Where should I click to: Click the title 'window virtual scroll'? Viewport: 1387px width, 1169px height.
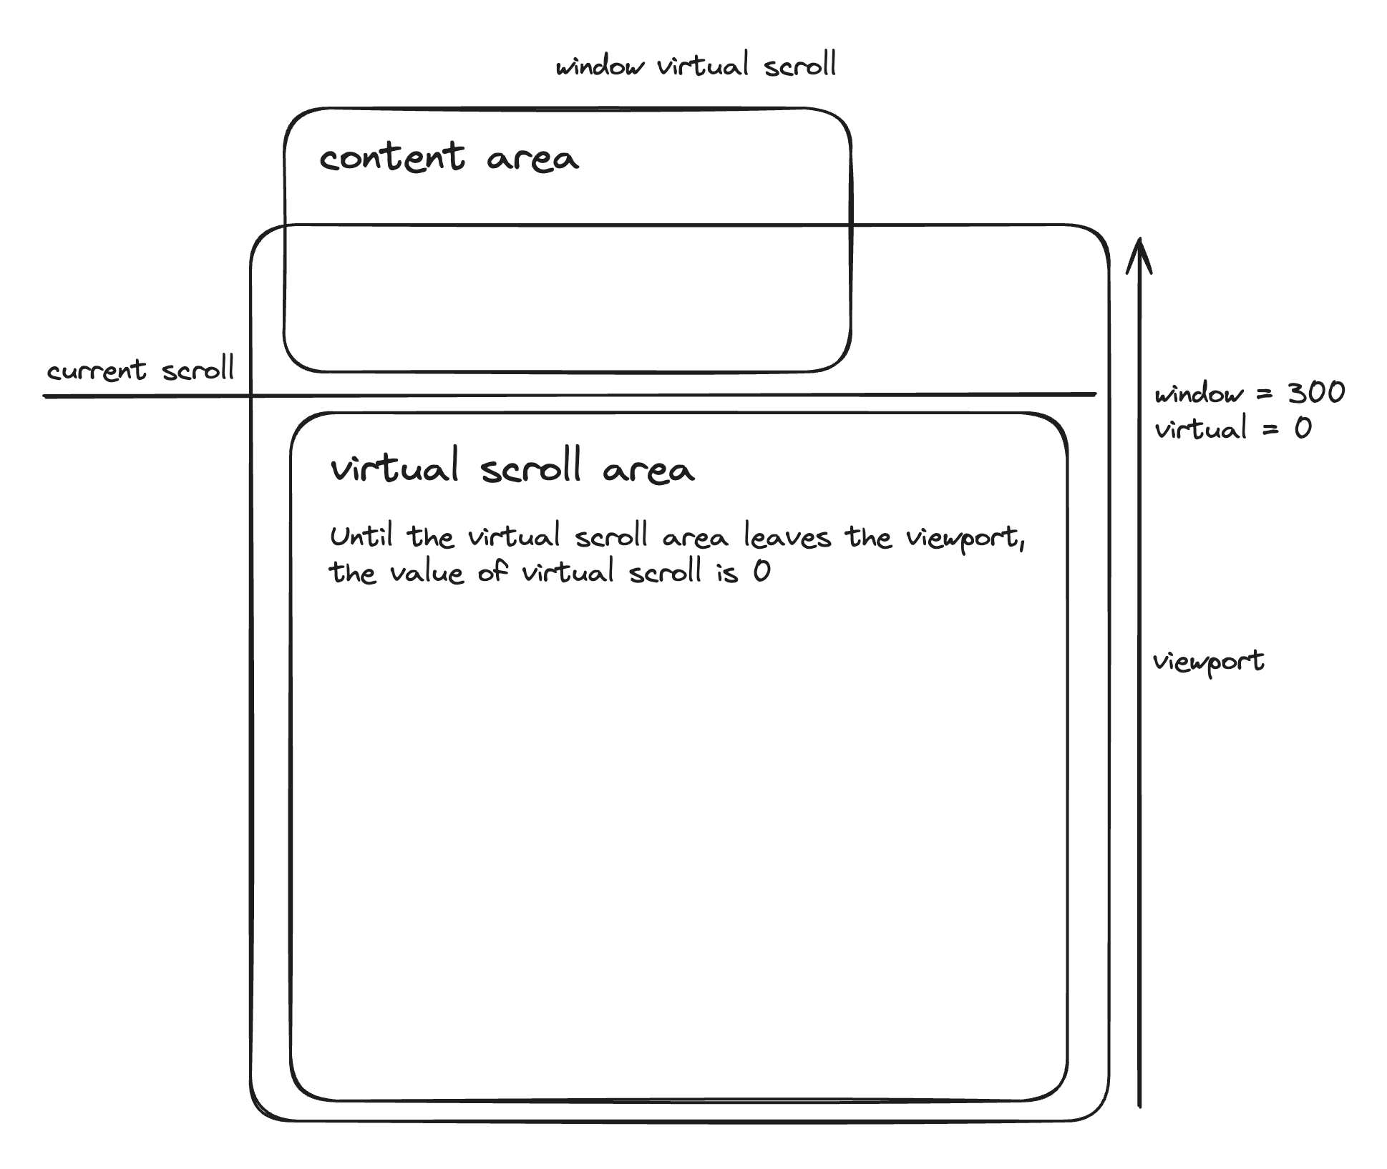click(x=696, y=65)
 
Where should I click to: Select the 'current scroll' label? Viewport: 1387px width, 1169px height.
click(x=140, y=369)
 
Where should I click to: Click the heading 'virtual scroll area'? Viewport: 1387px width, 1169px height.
click(x=512, y=466)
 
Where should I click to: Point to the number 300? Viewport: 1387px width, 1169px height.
click(x=1316, y=392)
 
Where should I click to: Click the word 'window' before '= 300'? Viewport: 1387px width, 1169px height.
click(x=1199, y=393)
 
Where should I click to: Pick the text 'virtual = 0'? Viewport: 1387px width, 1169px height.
click(x=1233, y=429)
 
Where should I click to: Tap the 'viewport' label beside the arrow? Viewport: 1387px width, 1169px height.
click(x=1208, y=662)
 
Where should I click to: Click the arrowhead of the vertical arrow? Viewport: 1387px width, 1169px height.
click(x=1139, y=241)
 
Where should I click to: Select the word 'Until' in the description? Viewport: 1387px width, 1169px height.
click(x=361, y=536)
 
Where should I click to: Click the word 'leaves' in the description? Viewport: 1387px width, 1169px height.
click(x=787, y=536)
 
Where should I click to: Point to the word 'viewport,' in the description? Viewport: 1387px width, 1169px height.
click(x=966, y=538)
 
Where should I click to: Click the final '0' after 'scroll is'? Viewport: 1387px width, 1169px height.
click(x=761, y=572)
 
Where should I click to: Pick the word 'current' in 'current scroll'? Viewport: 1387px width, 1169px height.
click(x=97, y=371)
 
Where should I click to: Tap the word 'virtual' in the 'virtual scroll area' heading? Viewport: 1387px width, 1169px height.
click(x=394, y=467)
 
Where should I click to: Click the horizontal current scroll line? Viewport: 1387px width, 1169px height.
click(x=570, y=395)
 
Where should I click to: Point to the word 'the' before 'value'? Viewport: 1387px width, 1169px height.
click(x=352, y=572)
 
